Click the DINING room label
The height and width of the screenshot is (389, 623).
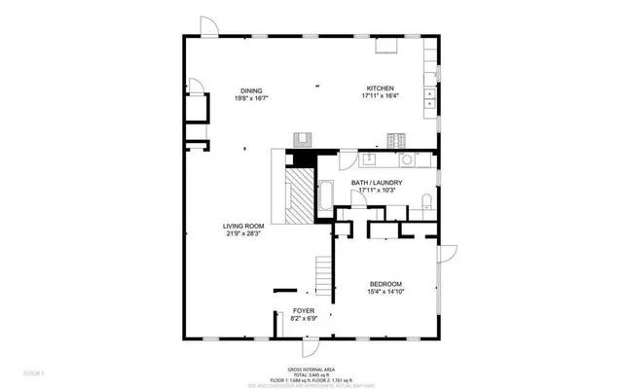click(x=251, y=91)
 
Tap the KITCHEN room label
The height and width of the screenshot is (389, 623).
click(x=380, y=88)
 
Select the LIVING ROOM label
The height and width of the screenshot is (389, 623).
click(x=243, y=226)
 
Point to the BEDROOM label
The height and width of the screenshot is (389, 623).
click(x=385, y=283)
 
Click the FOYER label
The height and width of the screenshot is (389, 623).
click(x=304, y=310)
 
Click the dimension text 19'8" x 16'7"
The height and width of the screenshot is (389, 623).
click(x=251, y=98)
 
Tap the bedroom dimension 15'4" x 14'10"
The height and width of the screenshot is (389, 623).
click(x=385, y=291)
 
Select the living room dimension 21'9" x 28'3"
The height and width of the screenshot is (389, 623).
click(x=243, y=233)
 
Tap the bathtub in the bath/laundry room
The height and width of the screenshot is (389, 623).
click(x=327, y=195)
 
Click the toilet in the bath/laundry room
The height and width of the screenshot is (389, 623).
click(x=426, y=201)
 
